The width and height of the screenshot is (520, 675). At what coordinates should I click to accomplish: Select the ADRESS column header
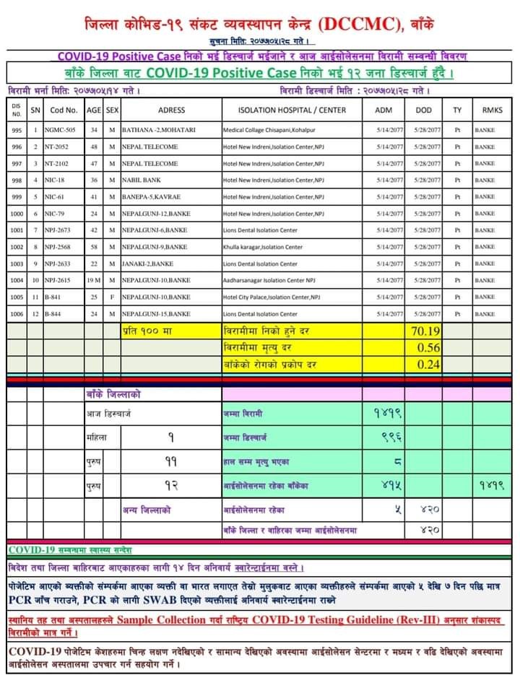[x=171, y=110]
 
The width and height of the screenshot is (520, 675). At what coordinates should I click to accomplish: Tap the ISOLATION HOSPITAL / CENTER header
[x=292, y=110]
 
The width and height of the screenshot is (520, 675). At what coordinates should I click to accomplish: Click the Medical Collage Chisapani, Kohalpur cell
[x=274, y=131]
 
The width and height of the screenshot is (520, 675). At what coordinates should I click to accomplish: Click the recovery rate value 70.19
[x=425, y=332]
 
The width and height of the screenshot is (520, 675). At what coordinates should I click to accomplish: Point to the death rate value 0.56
[x=428, y=348]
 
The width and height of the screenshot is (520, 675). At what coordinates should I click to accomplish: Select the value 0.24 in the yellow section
[x=428, y=365]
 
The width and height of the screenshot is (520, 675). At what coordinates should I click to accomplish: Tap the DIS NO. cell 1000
[x=17, y=214]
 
